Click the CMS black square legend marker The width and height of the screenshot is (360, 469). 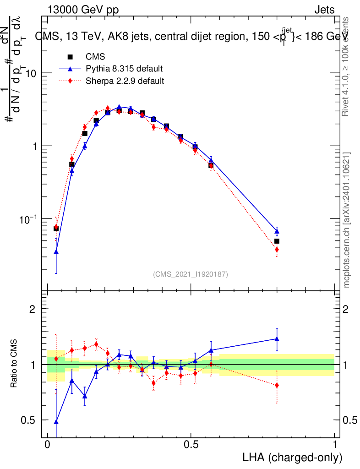(x=70, y=57)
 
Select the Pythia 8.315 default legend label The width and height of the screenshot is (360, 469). (x=124, y=69)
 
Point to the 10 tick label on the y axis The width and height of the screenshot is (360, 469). (x=31, y=73)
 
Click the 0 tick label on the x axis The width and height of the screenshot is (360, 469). (x=47, y=445)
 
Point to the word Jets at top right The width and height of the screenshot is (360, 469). (x=324, y=10)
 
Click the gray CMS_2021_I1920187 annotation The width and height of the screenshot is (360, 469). (x=191, y=274)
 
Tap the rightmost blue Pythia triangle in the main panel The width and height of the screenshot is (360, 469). (x=277, y=232)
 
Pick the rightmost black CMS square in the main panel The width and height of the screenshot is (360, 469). (x=277, y=241)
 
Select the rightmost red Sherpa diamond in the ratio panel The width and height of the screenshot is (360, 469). (x=277, y=385)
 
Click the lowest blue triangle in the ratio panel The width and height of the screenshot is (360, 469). (x=56, y=422)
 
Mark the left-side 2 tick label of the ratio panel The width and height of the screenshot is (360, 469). (x=33, y=309)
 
